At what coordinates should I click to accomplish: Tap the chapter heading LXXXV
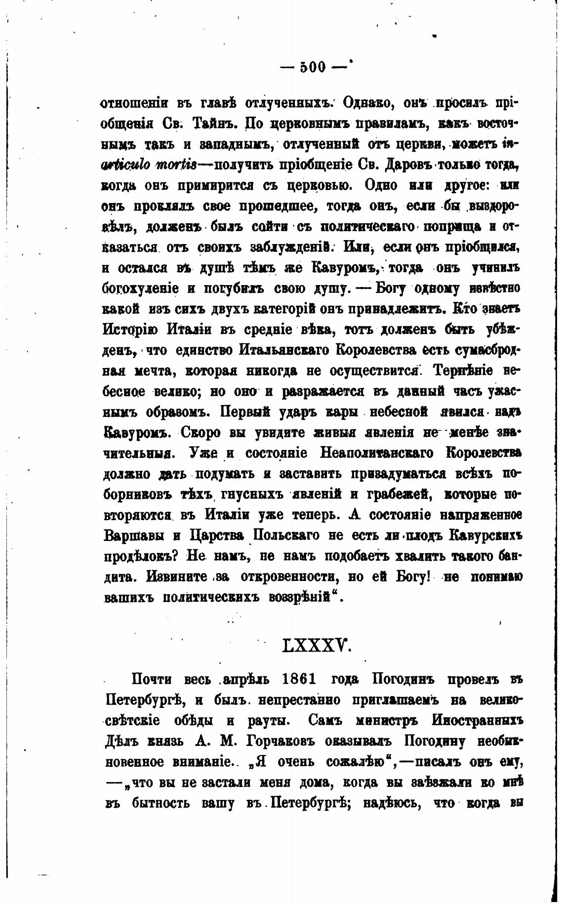[x=317, y=646]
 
